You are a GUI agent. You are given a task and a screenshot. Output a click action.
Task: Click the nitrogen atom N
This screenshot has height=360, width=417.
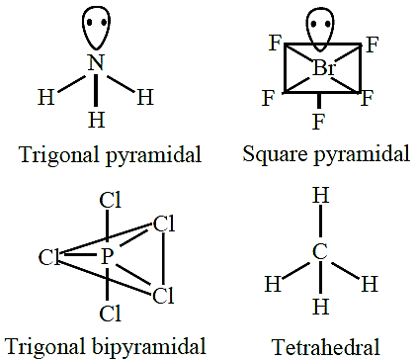[96, 62]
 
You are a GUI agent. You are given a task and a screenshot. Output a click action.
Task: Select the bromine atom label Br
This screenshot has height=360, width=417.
[324, 68]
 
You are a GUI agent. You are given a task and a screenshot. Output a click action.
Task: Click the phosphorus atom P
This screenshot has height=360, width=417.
[107, 256]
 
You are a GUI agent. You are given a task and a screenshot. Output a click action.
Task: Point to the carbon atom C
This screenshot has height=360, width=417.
[320, 251]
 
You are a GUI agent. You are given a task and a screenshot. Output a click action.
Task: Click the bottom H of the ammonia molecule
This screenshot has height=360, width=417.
[96, 120]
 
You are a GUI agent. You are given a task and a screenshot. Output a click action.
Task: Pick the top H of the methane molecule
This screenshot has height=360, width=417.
[320, 195]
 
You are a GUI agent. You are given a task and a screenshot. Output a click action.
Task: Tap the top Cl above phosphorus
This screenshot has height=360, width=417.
[111, 200]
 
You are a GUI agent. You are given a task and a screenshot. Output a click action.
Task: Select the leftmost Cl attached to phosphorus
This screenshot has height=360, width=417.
[49, 257]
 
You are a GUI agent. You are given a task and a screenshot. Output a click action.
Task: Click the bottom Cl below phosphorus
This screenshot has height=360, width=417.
[111, 314]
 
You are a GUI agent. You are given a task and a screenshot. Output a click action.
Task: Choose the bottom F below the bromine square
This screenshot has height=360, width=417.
[318, 122]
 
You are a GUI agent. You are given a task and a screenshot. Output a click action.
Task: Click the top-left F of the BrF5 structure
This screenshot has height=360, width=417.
[276, 43]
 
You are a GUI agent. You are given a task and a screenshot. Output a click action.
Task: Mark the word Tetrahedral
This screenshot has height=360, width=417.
[325, 347]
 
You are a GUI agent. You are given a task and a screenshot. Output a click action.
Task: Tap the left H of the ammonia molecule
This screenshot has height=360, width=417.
[46, 97]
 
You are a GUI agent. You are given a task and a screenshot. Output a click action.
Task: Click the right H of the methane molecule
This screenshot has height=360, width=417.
[370, 283]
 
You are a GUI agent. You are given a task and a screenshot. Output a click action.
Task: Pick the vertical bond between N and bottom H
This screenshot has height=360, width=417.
[96, 90]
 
